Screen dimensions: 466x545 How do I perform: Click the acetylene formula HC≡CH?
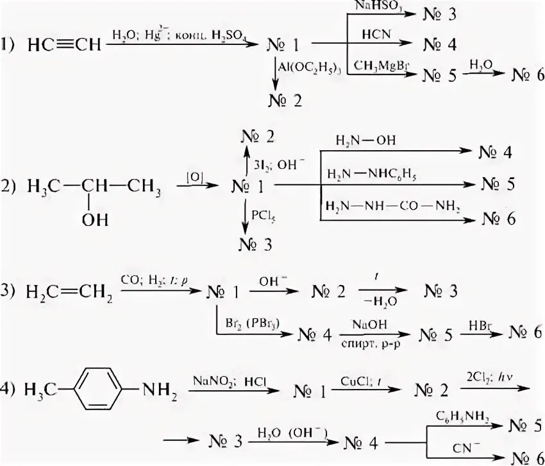pyautogui.click(x=65, y=45)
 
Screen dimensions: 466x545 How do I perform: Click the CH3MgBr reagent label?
pyautogui.click(x=382, y=62)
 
